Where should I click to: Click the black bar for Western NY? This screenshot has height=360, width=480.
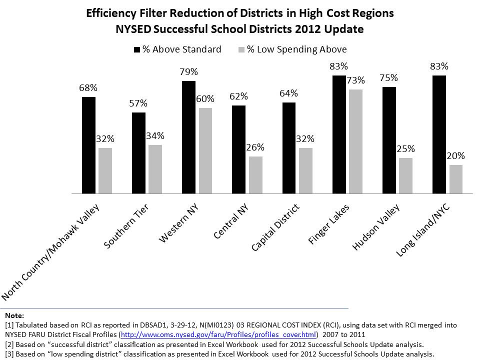coord(188,137)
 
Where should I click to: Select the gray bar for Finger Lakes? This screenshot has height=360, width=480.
coord(355,141)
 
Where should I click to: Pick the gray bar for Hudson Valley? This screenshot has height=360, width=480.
coord(405,175)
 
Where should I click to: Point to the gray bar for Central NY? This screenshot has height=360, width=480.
coord(255,174)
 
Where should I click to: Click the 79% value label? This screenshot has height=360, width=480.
coord(188,71)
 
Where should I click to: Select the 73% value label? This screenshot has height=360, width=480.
coord(355,80)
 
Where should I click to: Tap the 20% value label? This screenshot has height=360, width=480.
coord(455,155)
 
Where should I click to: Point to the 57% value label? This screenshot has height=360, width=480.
coord(138,103)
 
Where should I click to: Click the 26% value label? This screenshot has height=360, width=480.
coord(255,147)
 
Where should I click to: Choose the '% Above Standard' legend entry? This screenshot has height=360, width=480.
coord(177,49)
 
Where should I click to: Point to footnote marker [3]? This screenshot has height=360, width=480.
coord(9,353)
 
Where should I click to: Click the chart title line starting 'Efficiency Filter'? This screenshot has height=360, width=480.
coord(240,13)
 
